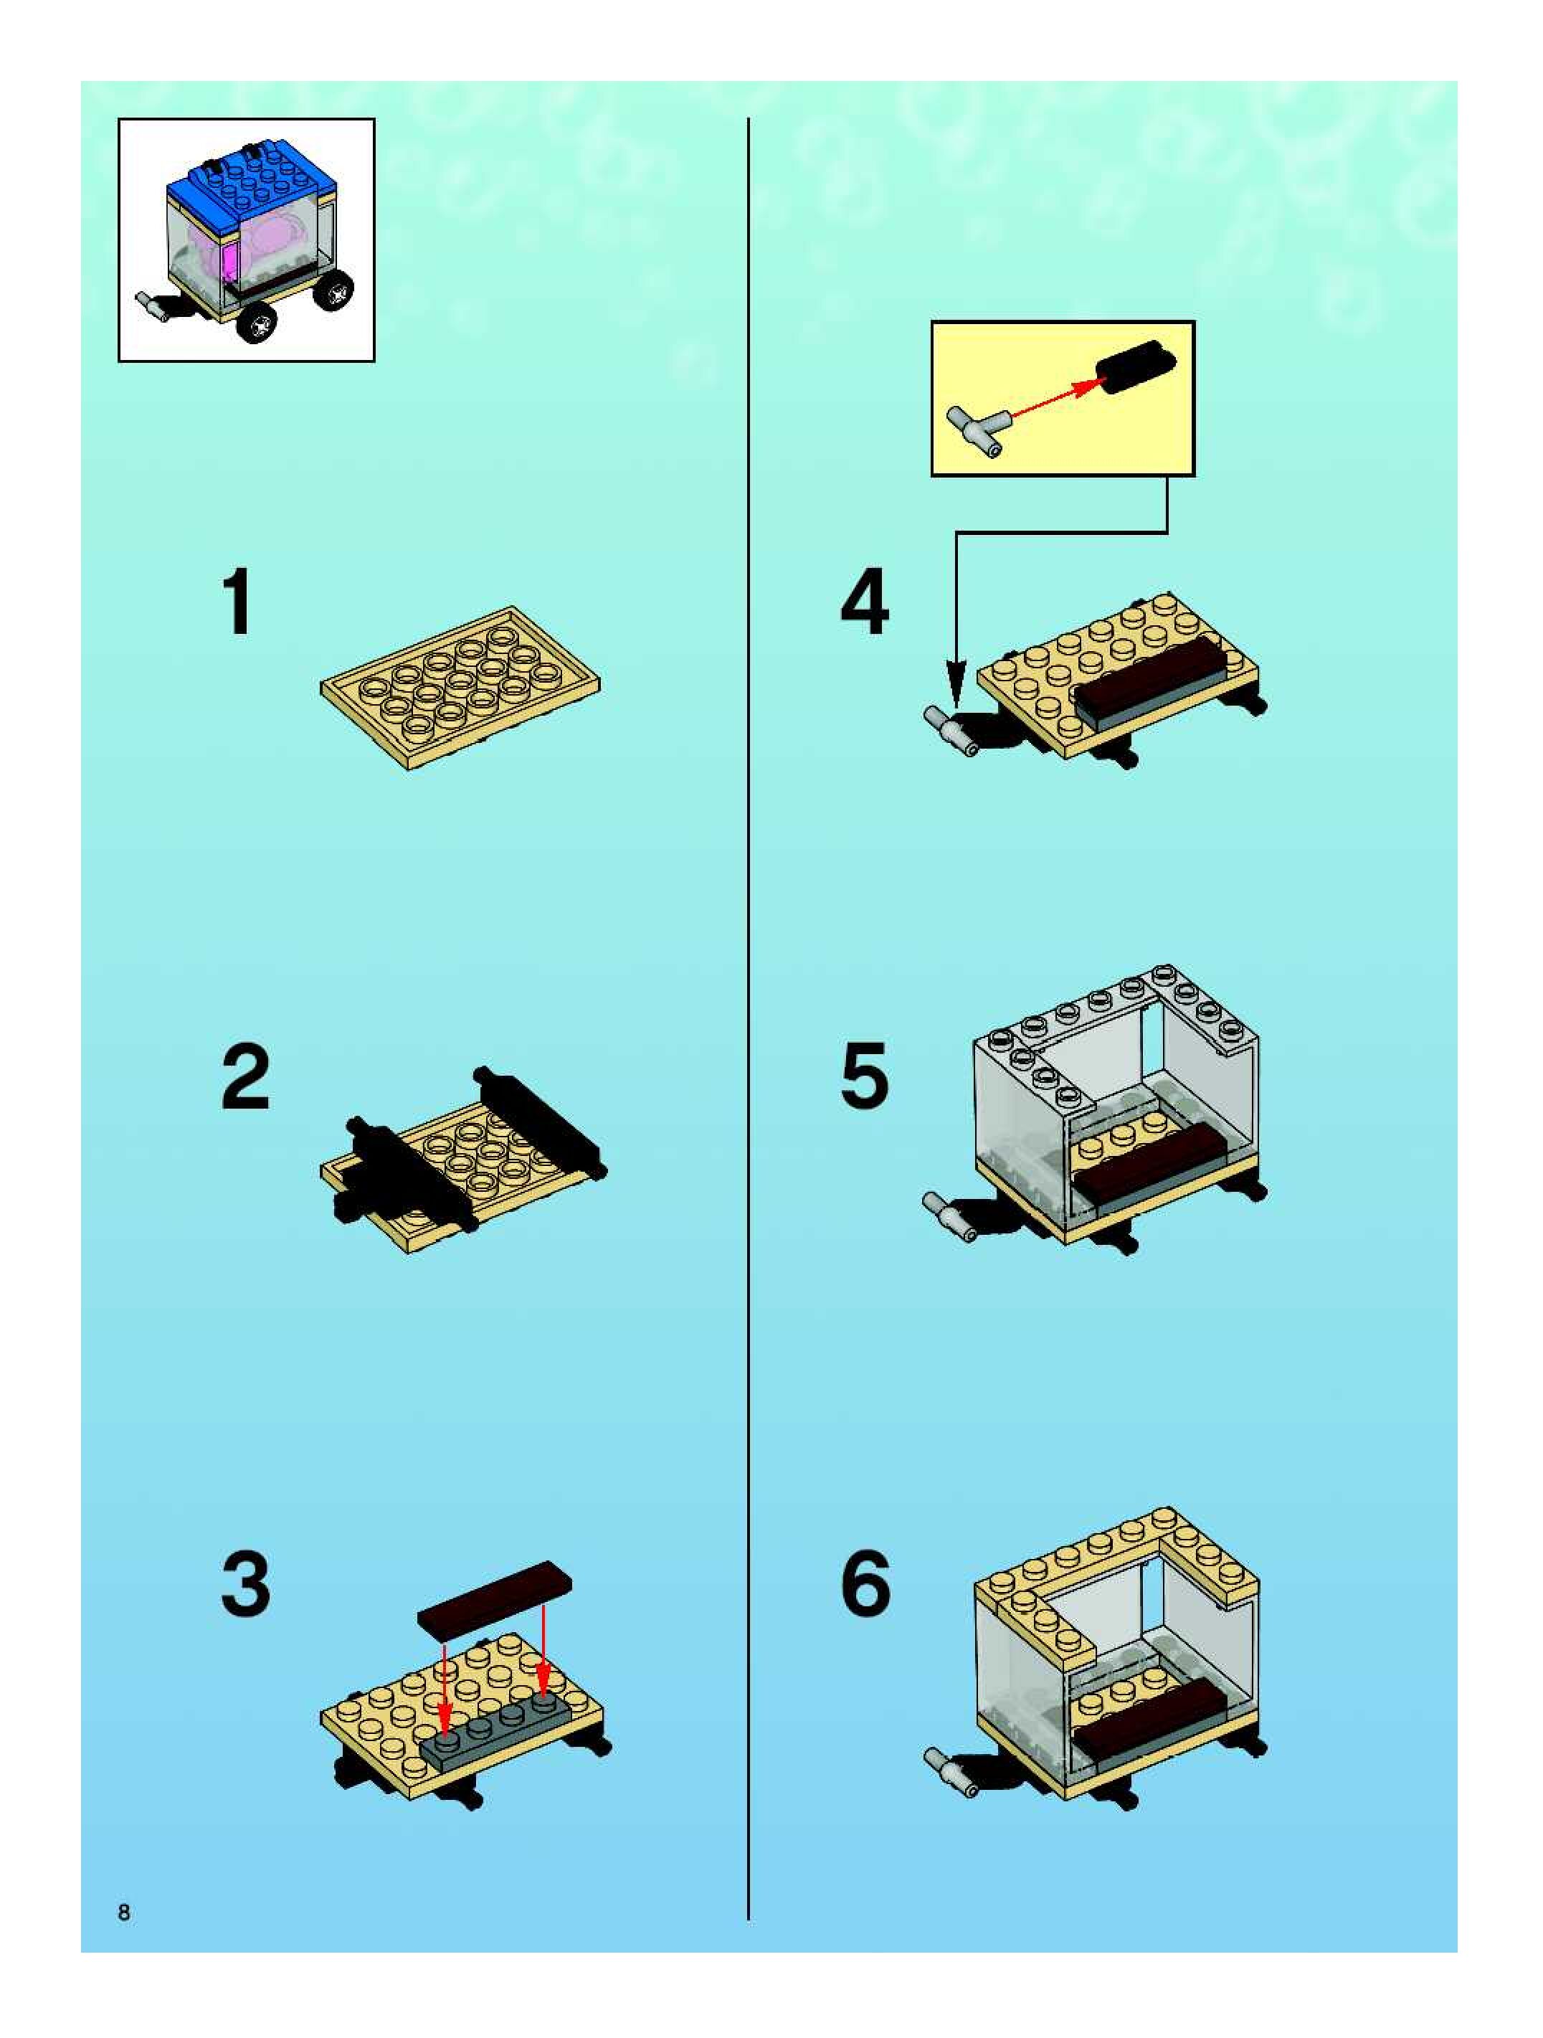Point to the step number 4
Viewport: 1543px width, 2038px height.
tap(864, 602)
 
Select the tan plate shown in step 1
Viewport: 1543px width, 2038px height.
tap(460, 687)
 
